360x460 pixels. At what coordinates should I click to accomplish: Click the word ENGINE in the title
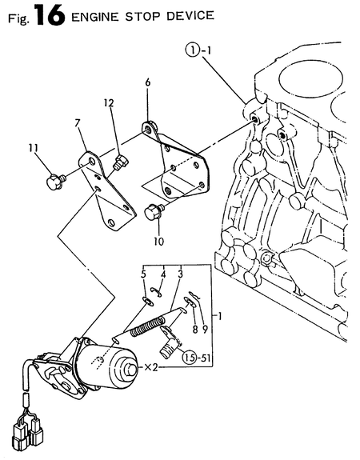click(96, 16)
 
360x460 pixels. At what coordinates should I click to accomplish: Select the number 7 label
click(78, 123)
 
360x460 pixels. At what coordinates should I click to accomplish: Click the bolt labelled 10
click(154, 212)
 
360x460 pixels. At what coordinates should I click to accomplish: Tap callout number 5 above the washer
click(144, 274)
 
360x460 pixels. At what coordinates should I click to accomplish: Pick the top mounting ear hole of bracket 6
click(147, 126)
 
